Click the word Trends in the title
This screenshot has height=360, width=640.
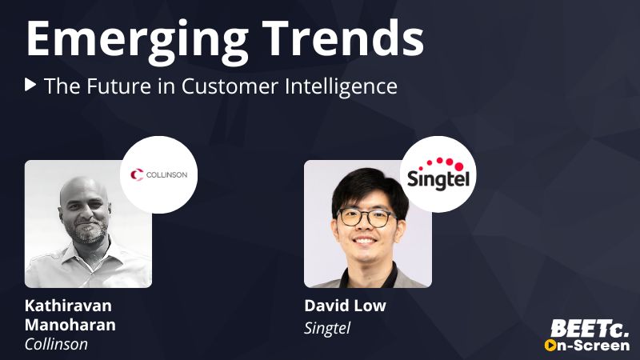click(343, 38)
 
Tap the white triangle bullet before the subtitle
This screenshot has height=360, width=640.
click(30, 85)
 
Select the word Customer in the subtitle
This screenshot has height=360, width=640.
click(230, 86)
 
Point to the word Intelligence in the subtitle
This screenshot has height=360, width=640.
click(341, 86)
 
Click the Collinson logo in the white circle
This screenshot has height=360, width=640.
click(158, 174)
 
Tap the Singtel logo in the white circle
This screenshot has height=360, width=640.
click(438, 174)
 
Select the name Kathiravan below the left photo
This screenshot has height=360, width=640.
click(68, 306)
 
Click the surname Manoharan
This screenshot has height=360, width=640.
click(70, 325)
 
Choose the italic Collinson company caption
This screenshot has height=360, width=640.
click(56, 344)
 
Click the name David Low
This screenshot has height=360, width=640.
click(345, 306)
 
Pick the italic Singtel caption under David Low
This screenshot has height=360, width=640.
click(327, 328)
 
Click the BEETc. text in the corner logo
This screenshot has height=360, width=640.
click(590, 329)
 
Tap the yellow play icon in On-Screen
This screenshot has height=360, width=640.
click(550, 346)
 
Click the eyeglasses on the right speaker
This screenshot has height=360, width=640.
click(366, 217)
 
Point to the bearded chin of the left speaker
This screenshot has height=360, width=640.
click(88, 233)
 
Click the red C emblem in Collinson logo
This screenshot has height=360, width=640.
click(137, 174)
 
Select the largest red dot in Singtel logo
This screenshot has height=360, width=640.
click(459, 166)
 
